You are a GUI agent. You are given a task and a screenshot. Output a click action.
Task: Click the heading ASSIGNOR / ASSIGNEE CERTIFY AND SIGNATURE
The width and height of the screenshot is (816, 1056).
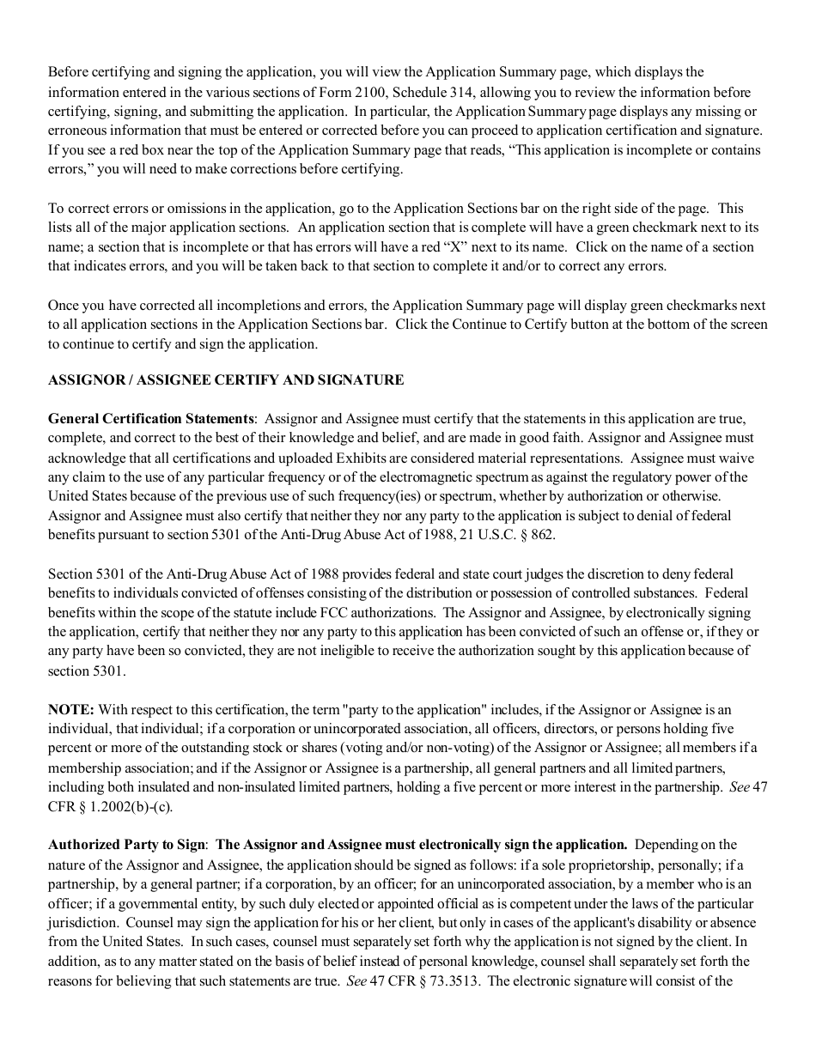point(226,380)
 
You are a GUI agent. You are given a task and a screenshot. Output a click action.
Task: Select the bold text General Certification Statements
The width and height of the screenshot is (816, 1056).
point(151,419)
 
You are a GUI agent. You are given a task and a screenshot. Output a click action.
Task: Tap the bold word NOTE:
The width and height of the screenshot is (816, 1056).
point(70,709)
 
